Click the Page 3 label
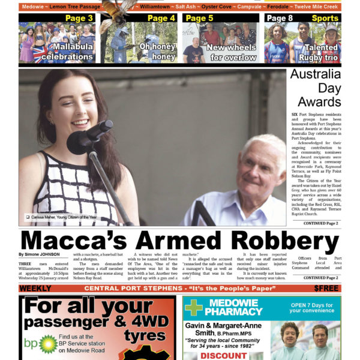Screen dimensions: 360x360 79,19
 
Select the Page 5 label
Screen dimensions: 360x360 199,19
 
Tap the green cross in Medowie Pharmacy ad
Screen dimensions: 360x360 193,307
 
